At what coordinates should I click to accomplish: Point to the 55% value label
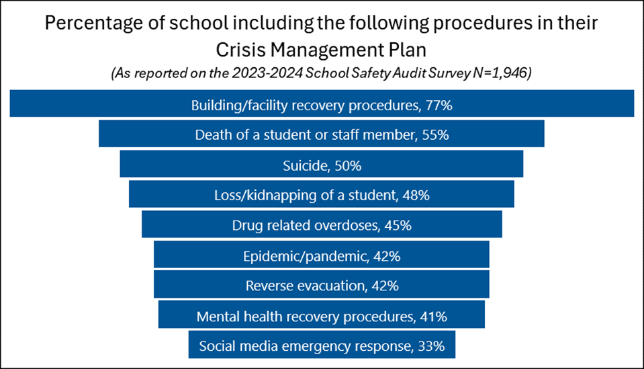[x=436, y=134]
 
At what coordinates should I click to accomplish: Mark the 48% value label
[x=416, y=195]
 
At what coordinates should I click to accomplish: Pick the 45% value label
[x=398, y=225]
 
